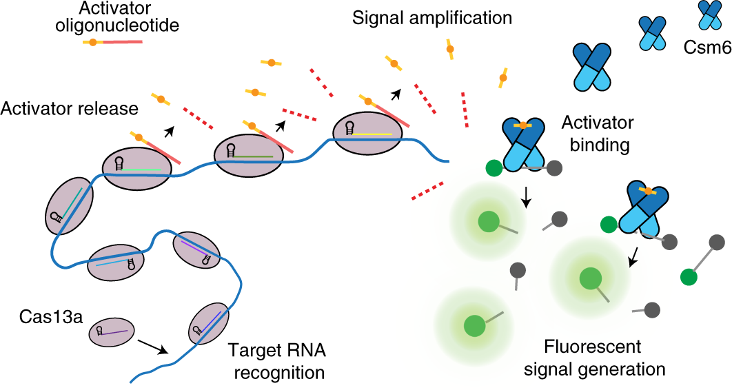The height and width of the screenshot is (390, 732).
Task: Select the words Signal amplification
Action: pyautogui.click(x=432, y=17)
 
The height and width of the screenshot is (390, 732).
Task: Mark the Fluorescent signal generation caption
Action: pyautogui.click(x=594, y=357)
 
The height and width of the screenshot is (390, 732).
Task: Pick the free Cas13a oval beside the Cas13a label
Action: pyautogui.click(x=112, y=333)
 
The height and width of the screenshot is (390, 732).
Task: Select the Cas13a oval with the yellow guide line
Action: pyautogui.click(x=364, y=132)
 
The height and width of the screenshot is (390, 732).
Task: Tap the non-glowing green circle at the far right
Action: pyautogui.click(x=688, y=277)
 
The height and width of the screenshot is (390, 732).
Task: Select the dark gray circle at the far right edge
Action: pyautogui.click(x=717, y=242)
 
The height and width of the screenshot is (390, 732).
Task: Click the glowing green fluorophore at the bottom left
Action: pyautogui.click(x=474, y=325)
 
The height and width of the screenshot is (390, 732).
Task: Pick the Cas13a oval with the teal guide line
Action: pyautogui.click(x=70, y=204)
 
